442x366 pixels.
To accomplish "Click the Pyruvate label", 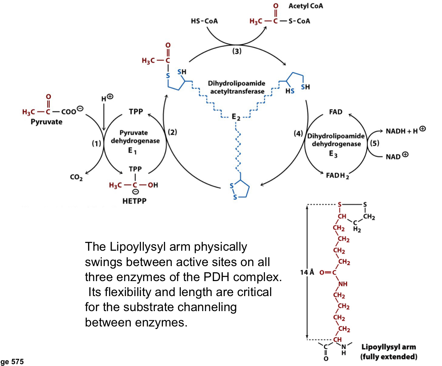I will click(x=46, y=122).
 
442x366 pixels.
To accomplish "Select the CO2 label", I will click(x=76, y=178).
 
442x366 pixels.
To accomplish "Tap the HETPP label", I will click(x=134, y=201).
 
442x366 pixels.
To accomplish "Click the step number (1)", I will click(x=96, y=144).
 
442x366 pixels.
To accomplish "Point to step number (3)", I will click(x=237, y=52).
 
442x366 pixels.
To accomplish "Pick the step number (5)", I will click(x=374, y=143).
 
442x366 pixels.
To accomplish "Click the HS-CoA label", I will click(x=204, y=21).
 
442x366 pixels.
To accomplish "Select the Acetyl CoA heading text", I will click(x=306, y=6).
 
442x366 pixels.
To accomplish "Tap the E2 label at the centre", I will click(x=236, y=117).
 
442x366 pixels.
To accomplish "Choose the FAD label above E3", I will click(x=336, y=112).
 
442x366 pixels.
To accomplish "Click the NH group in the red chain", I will click(x=343, y=284).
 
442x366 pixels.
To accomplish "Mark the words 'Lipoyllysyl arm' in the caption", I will click(x=388, y=347).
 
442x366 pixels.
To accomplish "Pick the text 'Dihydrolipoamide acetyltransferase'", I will click(x=237, y=87).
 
